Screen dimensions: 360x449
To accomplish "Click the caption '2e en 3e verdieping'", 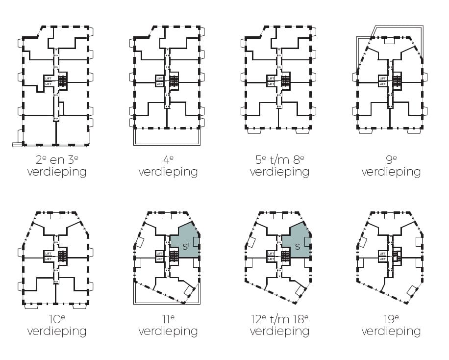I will [x=56, y=166].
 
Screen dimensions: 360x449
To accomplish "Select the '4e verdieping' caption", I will [x=168, y=166].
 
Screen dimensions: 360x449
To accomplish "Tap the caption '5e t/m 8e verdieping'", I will [x=279, y=166].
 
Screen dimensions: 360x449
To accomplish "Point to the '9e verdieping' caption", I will [x=391, y=166].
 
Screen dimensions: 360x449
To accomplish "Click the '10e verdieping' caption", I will [x=56, y=325].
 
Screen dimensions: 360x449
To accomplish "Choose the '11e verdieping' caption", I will [x=168, y=325].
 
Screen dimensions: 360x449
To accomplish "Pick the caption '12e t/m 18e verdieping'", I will [x=279, y=325].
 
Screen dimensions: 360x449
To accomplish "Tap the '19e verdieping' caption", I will [x=391, y=325].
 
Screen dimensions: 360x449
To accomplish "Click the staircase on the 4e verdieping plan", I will [x=174, y=81].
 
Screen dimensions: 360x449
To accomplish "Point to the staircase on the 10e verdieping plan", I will [x=63, y=256].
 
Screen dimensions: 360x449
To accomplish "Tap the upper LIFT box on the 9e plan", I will [x=382, y=78].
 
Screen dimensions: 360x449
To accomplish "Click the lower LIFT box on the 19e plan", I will [x=382, y=259].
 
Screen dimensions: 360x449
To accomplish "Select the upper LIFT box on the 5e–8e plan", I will [x=271, y=78].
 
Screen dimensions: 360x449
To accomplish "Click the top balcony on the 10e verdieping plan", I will [x=55, y=215].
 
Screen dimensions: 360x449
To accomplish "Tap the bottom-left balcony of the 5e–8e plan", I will [x=255, y=131].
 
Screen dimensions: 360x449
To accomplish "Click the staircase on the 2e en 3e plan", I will [x=63, y=81].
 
